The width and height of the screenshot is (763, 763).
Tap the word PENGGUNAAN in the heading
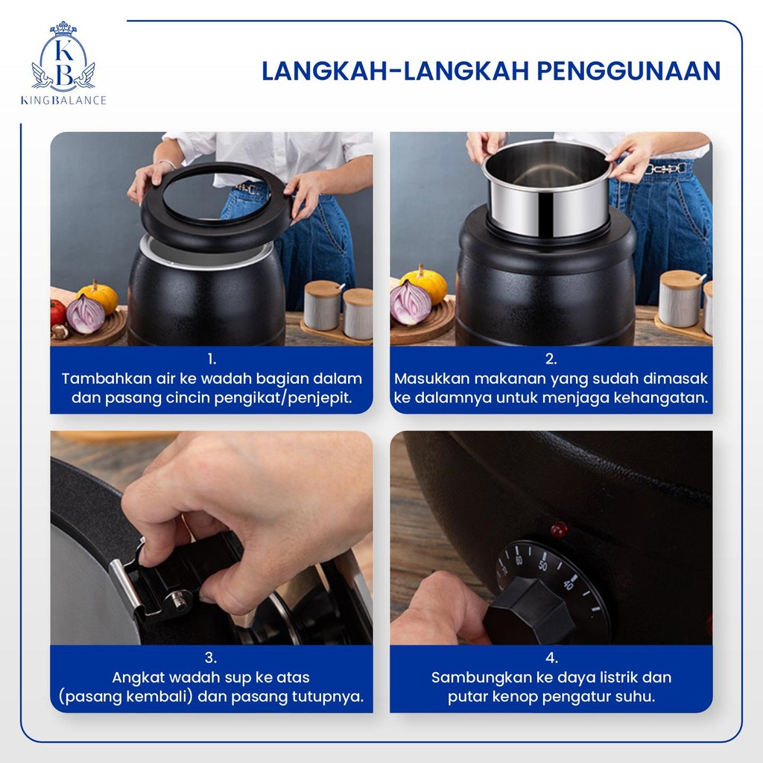628,71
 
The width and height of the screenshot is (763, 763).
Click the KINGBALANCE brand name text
63,101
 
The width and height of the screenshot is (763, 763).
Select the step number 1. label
212,359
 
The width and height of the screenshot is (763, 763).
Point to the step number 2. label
551,359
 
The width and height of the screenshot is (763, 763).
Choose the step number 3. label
211,658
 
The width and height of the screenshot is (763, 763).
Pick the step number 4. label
551,658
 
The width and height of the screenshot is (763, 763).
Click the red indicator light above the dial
559,530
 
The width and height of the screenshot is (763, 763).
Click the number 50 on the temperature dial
543,566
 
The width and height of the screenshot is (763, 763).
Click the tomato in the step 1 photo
58,312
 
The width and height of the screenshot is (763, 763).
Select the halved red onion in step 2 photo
411,303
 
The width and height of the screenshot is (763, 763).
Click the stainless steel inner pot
547,187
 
